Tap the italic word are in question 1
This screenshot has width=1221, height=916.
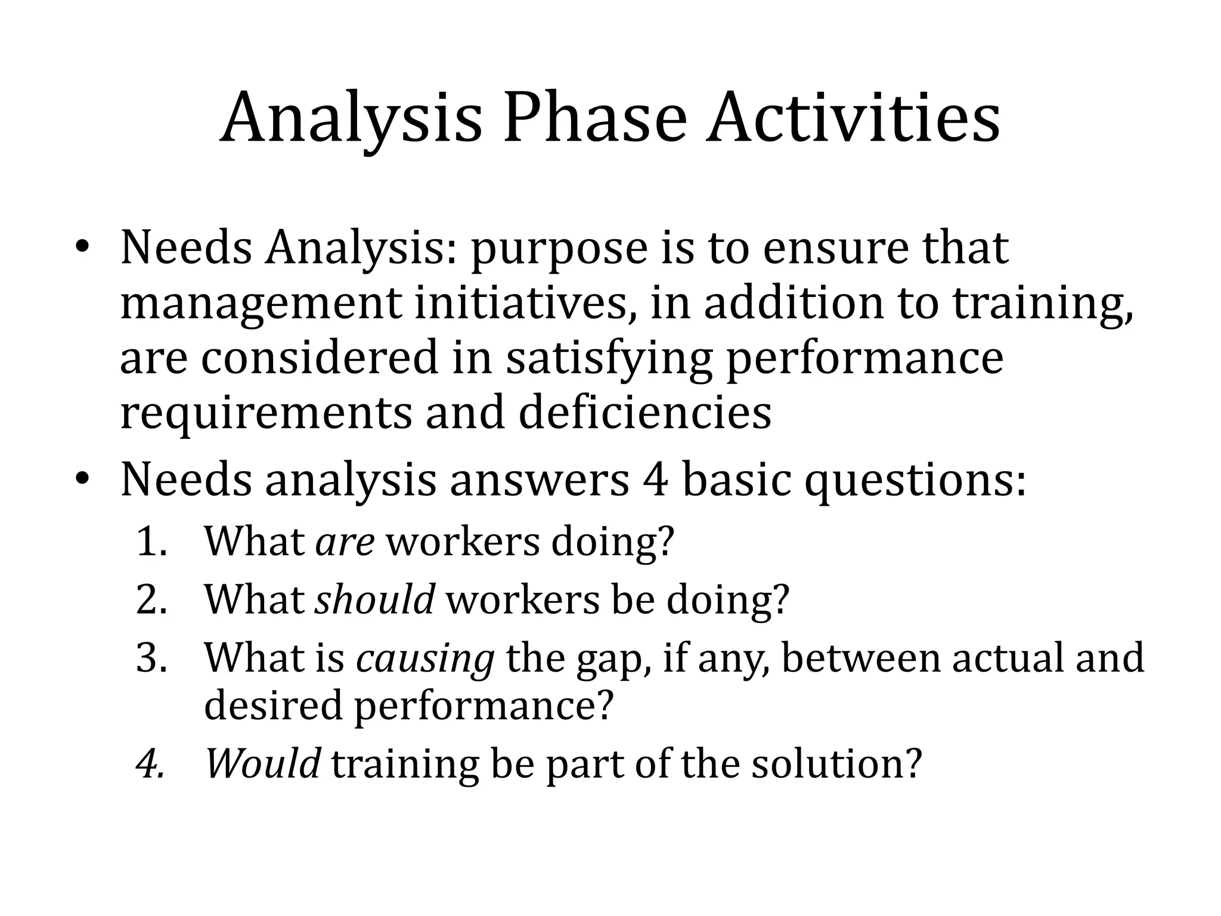pos(345,543)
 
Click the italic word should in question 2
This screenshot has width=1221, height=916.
pos(374,599)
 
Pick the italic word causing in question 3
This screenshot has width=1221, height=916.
pos(425,658)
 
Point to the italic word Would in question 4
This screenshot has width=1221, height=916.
pos(263,763)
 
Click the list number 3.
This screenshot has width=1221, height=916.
pos(151,658)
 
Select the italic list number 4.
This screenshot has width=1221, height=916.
pos(150,764)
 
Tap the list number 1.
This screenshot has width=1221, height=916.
pos(151,543)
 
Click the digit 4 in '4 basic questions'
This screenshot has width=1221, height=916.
pos(656,479)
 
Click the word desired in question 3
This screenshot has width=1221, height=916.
pos(274,705)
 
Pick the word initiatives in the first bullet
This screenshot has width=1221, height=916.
pos(525,304)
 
